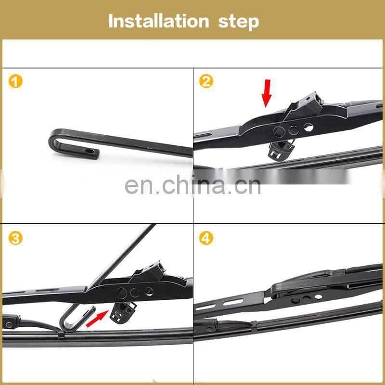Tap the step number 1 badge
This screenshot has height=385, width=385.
(x=15, y=81)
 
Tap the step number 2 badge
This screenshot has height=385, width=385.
(x=206, y=81)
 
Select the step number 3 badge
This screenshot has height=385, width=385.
(x=15, y=239)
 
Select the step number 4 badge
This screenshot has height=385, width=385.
(x=206, y=239)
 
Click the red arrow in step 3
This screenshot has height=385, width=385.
(x=97, y=319)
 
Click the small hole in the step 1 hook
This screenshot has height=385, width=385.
(x=90, y=151)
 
